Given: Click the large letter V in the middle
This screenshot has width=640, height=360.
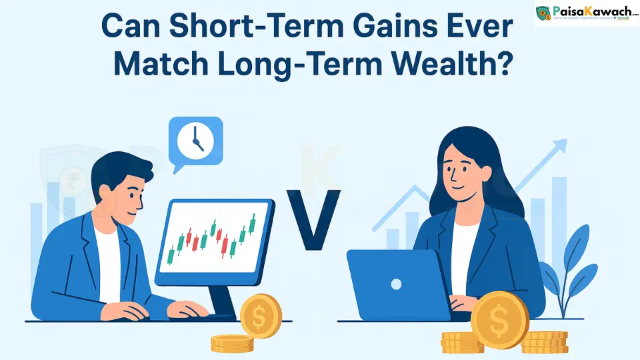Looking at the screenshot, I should [313, 220].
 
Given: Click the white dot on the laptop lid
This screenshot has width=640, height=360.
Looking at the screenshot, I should [396, 285].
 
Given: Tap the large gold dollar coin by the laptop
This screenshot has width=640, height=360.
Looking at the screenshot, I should [499, 323].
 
